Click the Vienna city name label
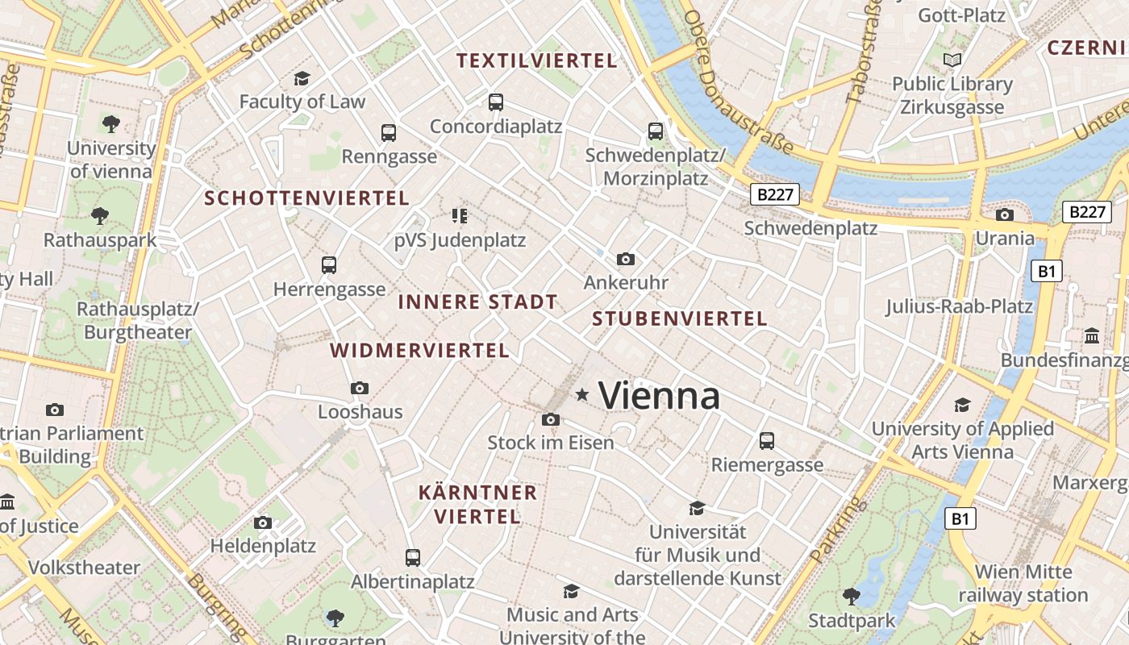660,396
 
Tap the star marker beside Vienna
582,394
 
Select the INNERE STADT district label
477,302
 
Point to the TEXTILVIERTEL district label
536,60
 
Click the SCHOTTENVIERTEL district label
306,198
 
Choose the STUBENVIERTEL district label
679,318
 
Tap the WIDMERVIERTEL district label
419,351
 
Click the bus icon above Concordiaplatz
496,102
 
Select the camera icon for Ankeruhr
625,259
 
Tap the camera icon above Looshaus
360,388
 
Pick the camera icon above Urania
1005,214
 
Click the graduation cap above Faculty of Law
302,78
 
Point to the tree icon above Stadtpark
851,597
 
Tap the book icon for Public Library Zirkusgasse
952,60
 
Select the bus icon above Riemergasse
767,441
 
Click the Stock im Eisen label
551,443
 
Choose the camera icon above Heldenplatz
263,522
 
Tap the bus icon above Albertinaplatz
413,557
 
